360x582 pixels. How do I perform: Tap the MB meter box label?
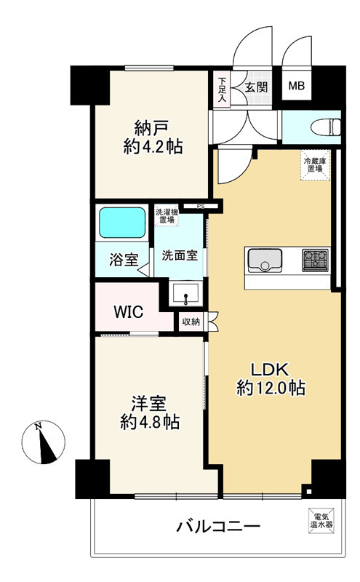point(297,87)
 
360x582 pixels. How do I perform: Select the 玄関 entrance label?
point(255,87)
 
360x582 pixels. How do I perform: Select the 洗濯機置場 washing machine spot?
point(165,216)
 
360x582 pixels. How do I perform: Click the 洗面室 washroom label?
point(179,255)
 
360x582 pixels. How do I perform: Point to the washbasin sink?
point(185,295)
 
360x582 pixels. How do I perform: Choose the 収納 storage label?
point(191,321)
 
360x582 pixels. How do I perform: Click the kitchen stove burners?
point(316,258)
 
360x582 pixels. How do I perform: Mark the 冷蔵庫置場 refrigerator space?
point(313,164)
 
